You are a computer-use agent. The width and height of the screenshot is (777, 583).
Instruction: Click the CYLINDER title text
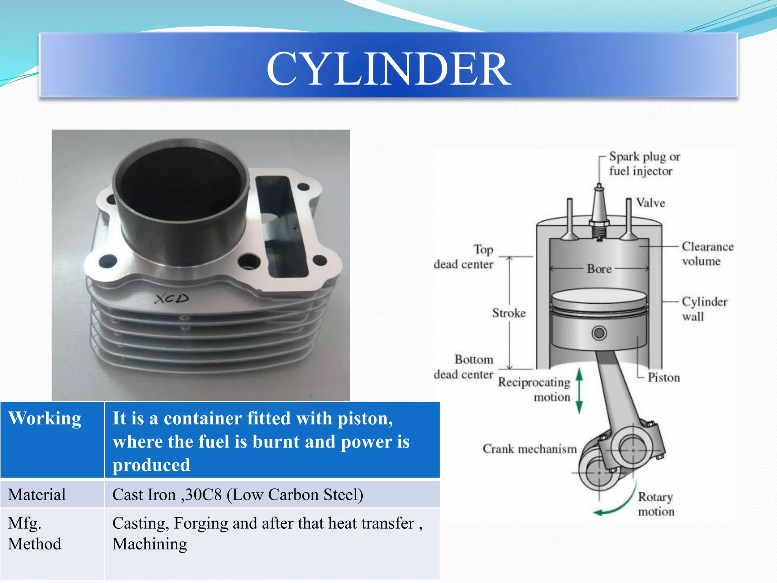388,69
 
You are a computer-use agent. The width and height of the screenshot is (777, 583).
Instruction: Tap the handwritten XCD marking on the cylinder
171,299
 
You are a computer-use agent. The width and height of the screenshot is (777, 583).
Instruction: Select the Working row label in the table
45,419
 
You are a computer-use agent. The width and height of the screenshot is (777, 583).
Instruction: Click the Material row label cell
37,495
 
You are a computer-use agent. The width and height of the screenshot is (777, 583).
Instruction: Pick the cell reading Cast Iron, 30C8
238,495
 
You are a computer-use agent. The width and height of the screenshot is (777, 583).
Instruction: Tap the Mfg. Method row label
34,533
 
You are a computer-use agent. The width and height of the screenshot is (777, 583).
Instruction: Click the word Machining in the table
149,544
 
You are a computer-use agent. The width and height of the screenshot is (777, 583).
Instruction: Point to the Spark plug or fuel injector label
644,164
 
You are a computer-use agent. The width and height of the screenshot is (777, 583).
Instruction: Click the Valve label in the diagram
650,203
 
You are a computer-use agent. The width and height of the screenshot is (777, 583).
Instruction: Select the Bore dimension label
599,269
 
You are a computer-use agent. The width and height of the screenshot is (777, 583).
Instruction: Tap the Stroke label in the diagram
509,313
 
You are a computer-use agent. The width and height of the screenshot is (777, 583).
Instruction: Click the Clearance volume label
707,254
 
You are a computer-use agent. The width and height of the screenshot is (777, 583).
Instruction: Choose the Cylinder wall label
704,309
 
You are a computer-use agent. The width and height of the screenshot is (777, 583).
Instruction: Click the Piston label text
664,377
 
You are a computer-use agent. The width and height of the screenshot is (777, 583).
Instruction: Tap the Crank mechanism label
529,449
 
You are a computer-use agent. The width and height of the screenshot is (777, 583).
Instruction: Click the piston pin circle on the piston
599,333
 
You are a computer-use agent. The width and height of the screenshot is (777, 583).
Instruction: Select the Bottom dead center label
464,367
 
